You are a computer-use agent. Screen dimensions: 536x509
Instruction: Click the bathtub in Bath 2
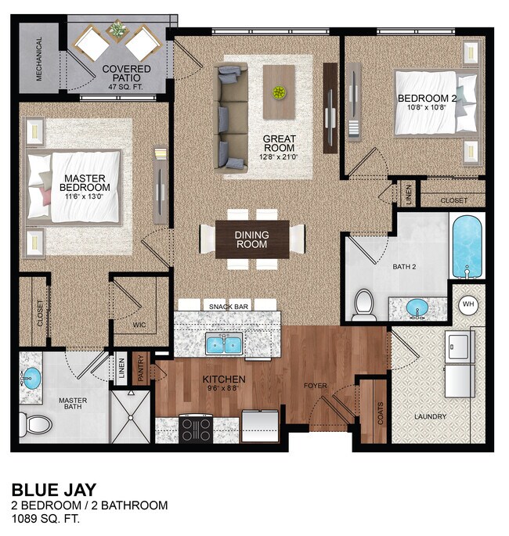coord(467,246)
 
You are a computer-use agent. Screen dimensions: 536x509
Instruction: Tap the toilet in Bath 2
coord(363,305)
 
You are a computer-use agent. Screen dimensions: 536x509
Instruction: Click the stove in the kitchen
coord(197,429)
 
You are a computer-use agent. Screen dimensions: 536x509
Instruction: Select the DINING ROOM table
coord(252,239)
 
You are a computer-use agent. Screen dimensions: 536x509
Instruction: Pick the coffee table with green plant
coord(279,92)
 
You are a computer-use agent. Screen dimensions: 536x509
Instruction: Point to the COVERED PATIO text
coord(126,74)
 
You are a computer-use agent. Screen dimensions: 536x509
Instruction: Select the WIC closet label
coord(139,325)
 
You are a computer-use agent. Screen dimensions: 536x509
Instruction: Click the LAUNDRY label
coord(430,416)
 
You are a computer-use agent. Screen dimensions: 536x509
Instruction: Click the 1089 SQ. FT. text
coord(45,519)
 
